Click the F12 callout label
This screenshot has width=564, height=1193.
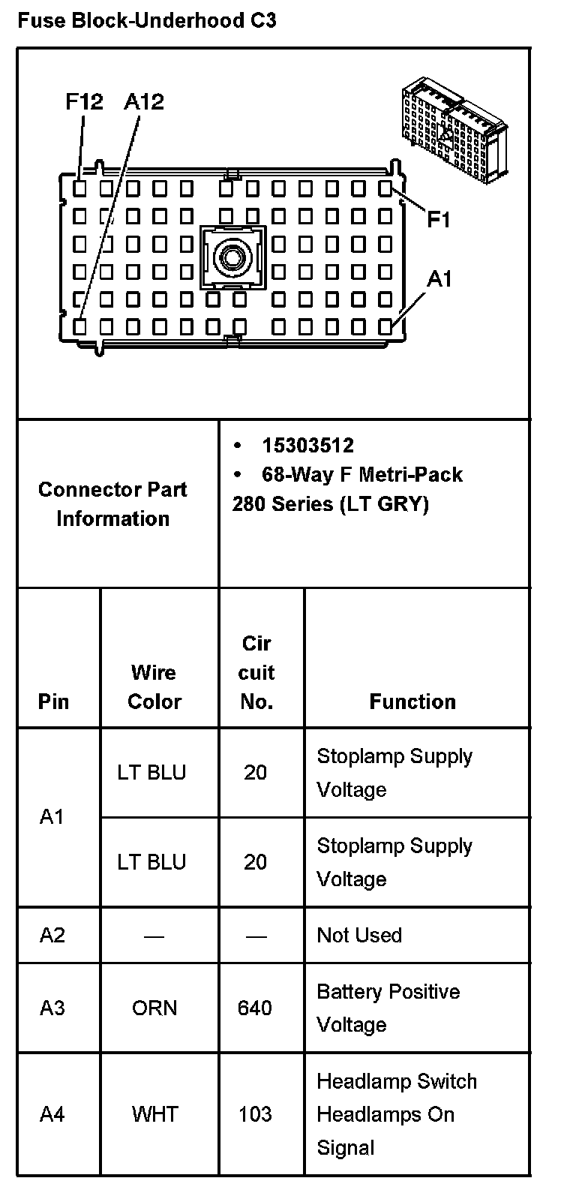(x=84, y=102)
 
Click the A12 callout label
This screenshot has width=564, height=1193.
(x=143, y=102)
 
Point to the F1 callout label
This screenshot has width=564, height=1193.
(x=439, y=220)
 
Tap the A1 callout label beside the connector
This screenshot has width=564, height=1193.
(x=439, y=279)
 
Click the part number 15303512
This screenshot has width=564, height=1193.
(x=307, y=446)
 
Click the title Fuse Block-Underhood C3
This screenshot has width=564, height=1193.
(x=146, y=20)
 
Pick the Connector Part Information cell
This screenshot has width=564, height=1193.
(x=112, y=503)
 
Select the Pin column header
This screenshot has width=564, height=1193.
(x=53, y=702)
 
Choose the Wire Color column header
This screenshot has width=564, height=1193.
(x=154, y=687)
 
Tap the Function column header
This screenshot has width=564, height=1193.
(x=412, y=702)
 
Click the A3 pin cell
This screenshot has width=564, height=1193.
(x=52, y=1008)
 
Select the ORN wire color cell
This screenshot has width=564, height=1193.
(x=154, y=1008)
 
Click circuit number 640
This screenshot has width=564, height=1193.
(x=255, y=1008)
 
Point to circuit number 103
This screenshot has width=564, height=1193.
(x=255, y=1114)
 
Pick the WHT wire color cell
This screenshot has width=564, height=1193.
(x=154, y=1114)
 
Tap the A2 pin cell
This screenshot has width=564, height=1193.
(x=52, y=935)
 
